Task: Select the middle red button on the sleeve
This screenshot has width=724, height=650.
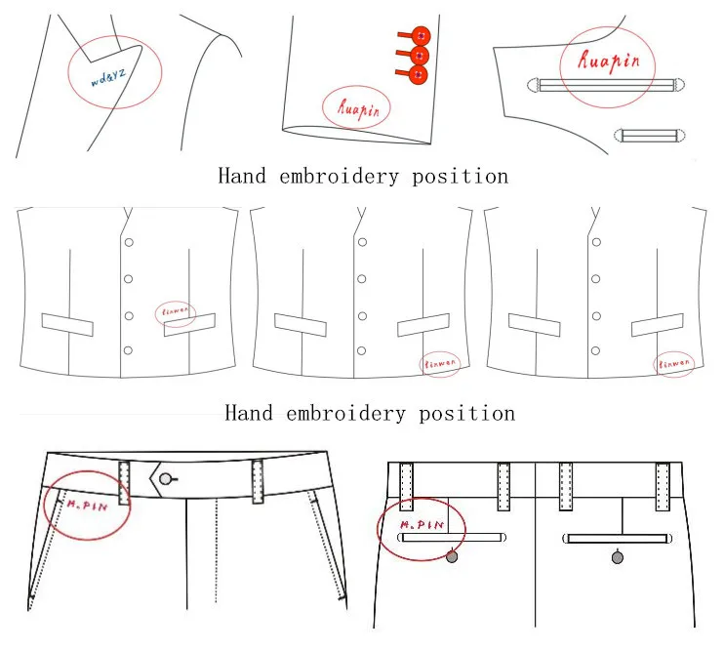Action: pos(421,56)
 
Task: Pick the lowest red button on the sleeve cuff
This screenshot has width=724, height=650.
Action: pos(421,75)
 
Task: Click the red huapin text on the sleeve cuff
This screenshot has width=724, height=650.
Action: pos(356,104)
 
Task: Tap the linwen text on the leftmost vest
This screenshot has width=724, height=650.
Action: pos(176,313)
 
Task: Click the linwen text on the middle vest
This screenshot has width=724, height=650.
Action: pos(439,364)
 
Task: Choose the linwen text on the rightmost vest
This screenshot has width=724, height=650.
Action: pos(673,363)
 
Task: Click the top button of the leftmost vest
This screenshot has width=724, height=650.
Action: pos(128,242)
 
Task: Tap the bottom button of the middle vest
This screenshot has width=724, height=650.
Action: pos(361,349)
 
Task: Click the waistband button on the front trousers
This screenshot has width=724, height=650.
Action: pos(168,478)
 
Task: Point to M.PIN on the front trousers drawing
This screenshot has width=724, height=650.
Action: pos(86,505)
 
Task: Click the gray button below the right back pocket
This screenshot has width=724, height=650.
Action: pos(617,557)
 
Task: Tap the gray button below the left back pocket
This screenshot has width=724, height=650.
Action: pos(452,556)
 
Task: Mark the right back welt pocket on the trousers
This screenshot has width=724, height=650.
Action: pos(618,538)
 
